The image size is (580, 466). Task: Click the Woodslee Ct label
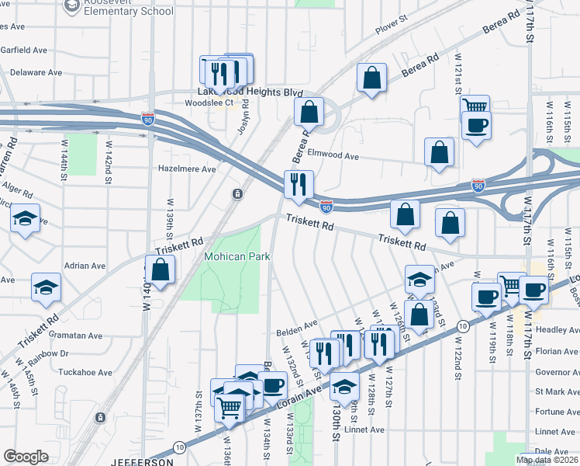tap(209, 103)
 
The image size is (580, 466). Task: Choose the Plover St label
tap(391, 29)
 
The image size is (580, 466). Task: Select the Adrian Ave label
tap(85, 266)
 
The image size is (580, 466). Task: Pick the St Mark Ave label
tap(558, 393)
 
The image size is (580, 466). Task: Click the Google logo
tap(26, 457)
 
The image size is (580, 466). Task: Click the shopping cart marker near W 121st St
tap(475, 106)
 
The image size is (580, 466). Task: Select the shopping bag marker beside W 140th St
tap(161, 270)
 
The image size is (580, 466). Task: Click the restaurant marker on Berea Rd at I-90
tap(299, 185)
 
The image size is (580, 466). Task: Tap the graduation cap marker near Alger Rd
tap(25, 220)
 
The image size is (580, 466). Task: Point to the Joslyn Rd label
tap(243, 117)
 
